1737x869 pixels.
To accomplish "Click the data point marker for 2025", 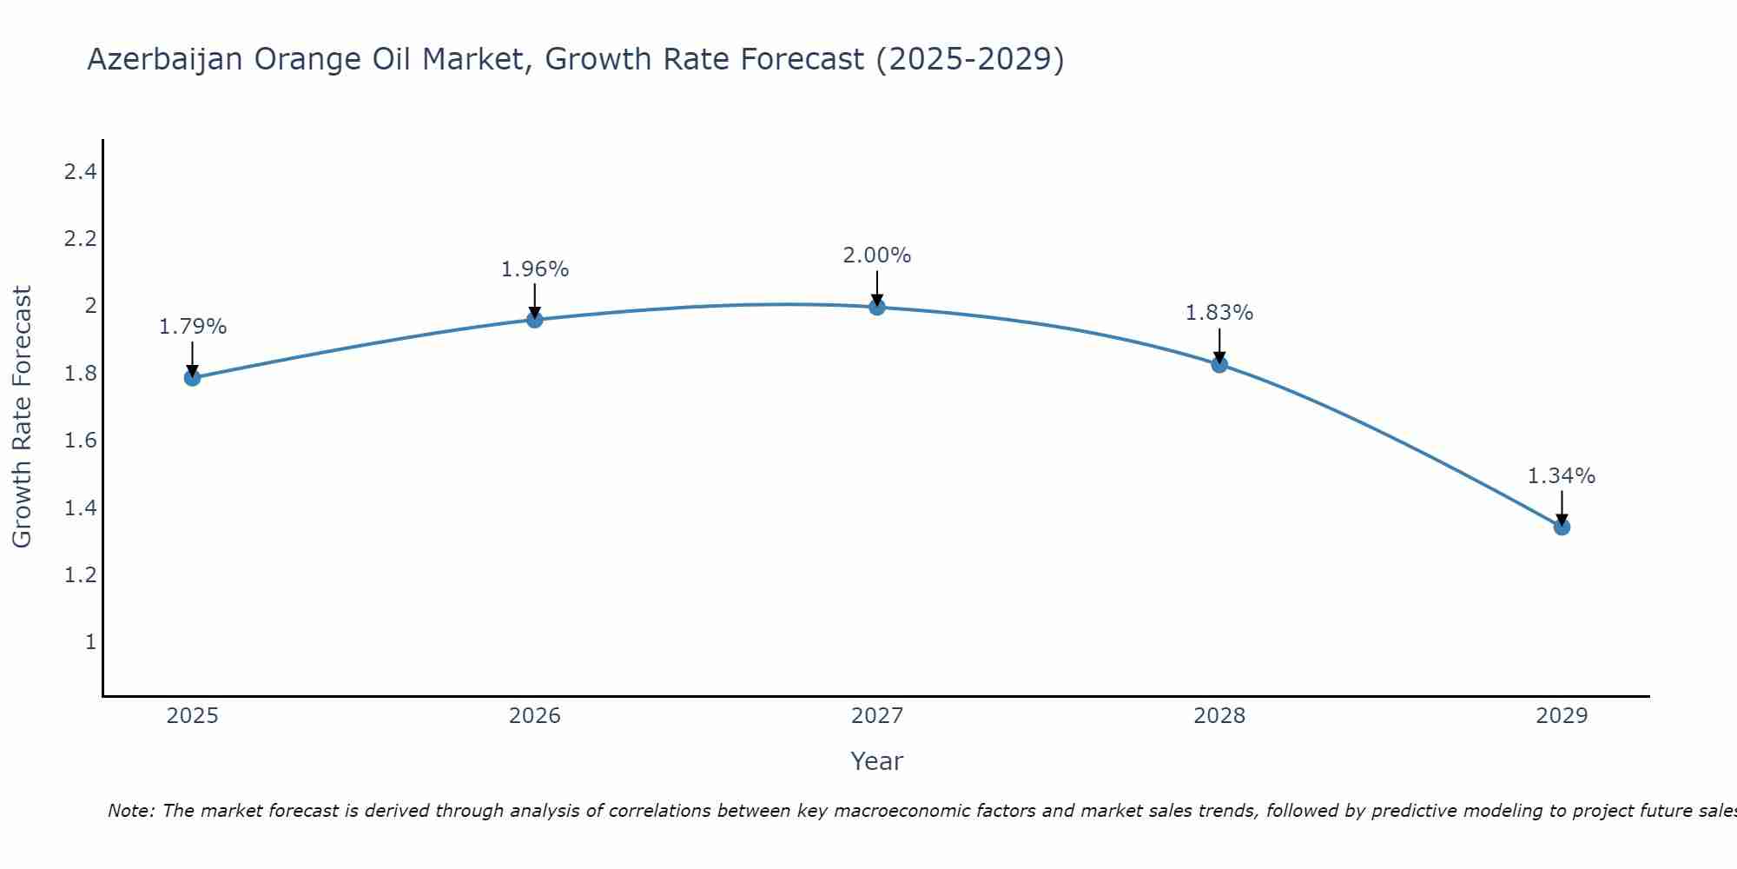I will tap(192, 377).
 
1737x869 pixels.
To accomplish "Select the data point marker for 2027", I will tap(877, 307).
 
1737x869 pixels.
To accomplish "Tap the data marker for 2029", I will tap(1562, 527).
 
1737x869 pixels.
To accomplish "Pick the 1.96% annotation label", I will tap(535, 269).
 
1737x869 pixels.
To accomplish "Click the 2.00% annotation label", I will tap(877, 255).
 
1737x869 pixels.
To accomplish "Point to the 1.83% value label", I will tap(1219, 313).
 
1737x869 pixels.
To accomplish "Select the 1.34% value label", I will tap(1562, 476).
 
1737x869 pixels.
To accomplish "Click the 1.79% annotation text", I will tap(193, 327).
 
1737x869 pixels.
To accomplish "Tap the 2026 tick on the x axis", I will tap(535, 716).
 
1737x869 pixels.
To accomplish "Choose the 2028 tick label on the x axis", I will tap(1219, 716).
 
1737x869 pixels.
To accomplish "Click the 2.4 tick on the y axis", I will tap(80, 172).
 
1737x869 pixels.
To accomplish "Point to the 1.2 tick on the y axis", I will tap(80, 575).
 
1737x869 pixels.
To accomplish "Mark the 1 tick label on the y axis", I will tap(90, 642).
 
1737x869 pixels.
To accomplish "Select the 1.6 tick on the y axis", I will tap(80, 441).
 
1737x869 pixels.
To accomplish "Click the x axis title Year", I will tap(877, 761).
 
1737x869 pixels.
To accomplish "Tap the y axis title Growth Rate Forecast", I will tap(22, 417).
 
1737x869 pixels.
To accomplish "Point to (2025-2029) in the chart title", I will tap(969, 59).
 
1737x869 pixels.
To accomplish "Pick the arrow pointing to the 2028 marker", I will tap(1219, 345).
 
